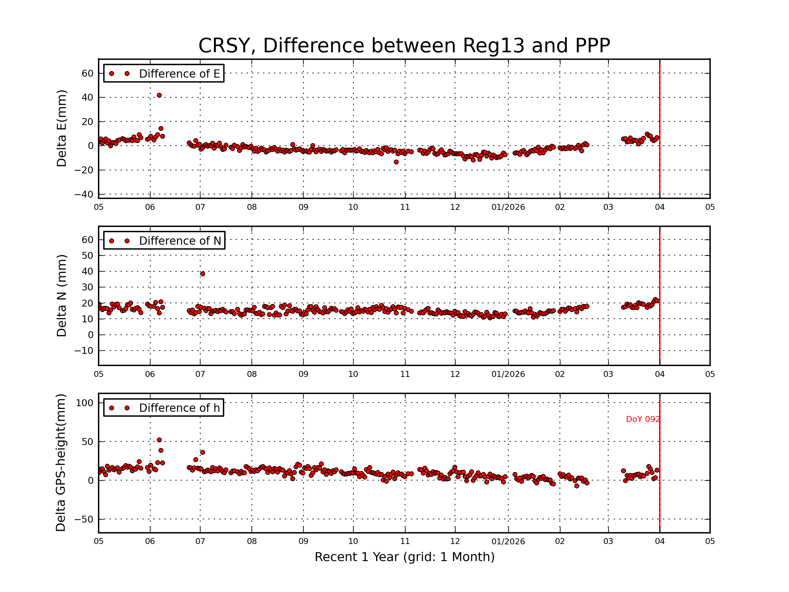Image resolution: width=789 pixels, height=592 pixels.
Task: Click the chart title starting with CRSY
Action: [404, 46]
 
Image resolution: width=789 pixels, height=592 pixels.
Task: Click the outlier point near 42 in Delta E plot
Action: [159, 95]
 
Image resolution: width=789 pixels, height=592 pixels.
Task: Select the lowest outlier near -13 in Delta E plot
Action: [396, 162]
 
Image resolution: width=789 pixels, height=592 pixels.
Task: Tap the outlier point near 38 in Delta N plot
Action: [203, 274]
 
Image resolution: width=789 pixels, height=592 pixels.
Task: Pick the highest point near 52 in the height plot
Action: [159, 440]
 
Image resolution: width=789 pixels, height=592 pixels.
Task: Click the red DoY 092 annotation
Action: [642, 419]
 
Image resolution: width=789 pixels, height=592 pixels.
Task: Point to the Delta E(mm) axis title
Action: [61, 129]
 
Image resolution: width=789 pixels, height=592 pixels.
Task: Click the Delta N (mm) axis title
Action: [61, 295]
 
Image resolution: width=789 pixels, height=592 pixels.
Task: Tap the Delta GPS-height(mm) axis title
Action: [60, 463]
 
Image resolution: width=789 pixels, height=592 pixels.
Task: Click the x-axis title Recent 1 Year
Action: [404, 557]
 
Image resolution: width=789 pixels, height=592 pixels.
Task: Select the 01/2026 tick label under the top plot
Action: [508, 207]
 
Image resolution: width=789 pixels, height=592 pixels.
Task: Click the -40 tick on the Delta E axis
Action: [84, 194]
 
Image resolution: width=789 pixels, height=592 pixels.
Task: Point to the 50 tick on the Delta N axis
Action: [87, 256]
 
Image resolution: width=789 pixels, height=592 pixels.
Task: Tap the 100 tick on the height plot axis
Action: [84, 403]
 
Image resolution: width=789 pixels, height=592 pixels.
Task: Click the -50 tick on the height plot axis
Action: [84, 519]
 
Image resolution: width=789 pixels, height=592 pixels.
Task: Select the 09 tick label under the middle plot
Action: [303, 374]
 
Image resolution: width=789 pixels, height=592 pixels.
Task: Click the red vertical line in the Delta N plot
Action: [659, 296]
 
